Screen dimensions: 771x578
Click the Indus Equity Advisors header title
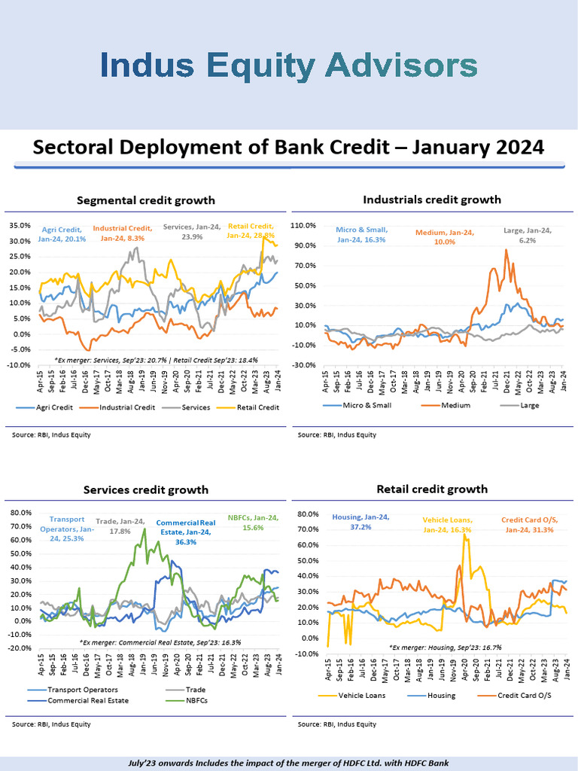[290, 66]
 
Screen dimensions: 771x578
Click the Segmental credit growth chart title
[146, 200]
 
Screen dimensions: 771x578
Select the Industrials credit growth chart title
[431, 200]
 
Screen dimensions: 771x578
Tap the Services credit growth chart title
[145, 489]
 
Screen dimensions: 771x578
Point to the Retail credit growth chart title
[431, 489]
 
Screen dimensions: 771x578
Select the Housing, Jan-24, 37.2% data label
[358, 523]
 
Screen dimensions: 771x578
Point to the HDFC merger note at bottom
[288, 763]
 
